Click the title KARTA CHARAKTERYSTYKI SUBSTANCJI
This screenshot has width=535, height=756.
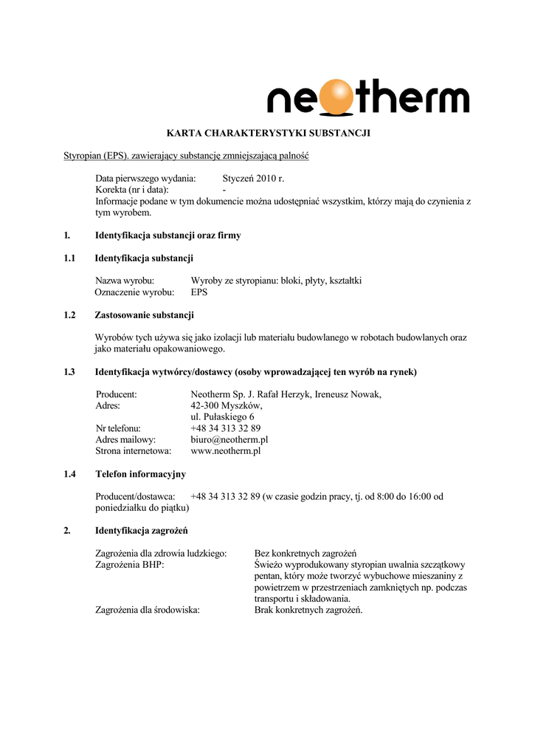268,134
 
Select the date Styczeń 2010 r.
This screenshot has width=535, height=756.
253,179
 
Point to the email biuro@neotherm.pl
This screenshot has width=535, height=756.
229,439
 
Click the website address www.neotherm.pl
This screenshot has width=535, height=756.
226,450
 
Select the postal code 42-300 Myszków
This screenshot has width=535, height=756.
226,405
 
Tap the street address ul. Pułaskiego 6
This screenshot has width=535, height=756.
223,416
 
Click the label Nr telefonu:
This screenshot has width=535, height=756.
118,428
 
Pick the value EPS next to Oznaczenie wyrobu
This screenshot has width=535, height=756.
199,292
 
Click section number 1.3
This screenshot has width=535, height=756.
70,372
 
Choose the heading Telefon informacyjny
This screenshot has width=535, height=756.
140,474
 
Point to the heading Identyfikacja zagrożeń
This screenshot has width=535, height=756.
142,531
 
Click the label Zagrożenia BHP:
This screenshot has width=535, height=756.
130,565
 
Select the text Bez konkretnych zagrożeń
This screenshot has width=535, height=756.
306,554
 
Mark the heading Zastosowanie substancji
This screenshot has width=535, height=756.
145,315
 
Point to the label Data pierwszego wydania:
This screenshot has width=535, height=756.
145,179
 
